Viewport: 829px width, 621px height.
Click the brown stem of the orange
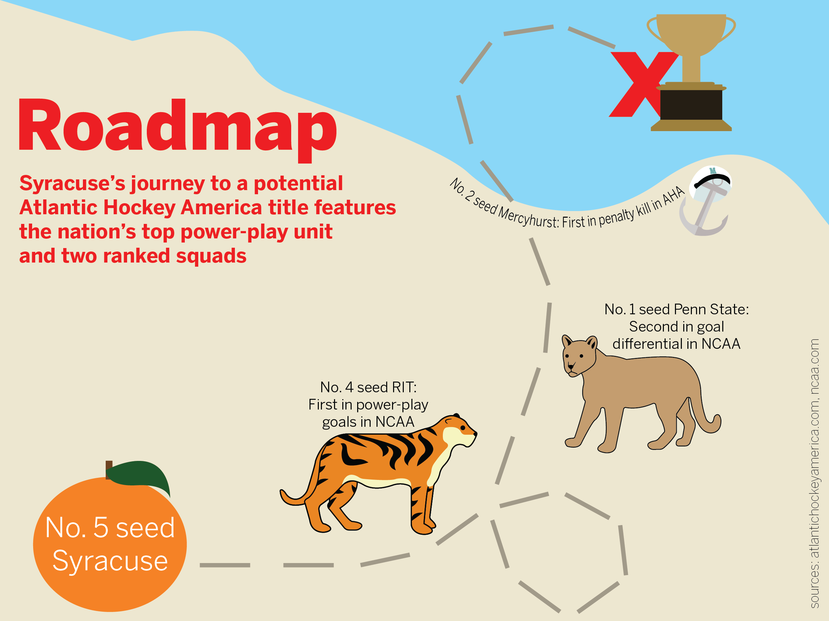coord(109,470)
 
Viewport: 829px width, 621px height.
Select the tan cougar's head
coord(579,356)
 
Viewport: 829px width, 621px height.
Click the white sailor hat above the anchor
coord(711,181)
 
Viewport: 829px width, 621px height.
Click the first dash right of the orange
coord(225,565)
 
